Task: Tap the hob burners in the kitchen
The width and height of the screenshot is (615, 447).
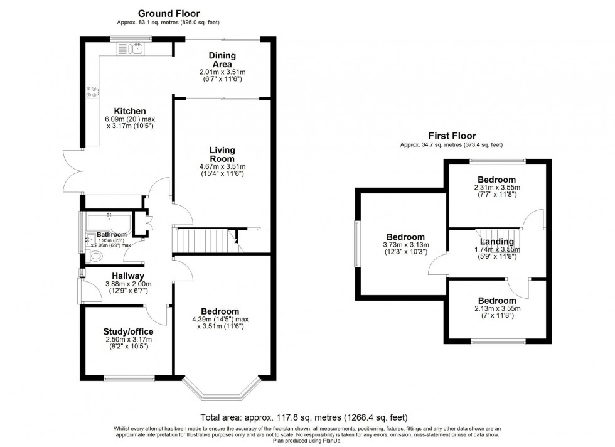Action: [92, 92]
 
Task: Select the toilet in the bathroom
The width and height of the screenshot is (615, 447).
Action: [94, 257]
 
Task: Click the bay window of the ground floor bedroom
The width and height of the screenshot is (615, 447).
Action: [222, 389]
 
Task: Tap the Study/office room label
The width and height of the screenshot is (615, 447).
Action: [128, 332]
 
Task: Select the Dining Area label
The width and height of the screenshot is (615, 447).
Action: [222, 60]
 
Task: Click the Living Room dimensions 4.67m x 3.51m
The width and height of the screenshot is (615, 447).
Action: [222, 166]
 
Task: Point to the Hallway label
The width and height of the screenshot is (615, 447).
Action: [128, 276]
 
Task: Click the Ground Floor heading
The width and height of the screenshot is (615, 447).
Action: [169, 14]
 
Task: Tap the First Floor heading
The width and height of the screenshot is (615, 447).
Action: [452, 136]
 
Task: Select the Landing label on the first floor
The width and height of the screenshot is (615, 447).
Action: [497, 241]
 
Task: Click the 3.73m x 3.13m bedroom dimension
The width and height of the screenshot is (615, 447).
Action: [406, 245]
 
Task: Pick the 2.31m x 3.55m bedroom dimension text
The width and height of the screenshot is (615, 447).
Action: [497, 188]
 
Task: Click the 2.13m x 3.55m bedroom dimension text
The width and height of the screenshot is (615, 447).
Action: [497, 308]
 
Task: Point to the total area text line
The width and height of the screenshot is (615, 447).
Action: [304, 417]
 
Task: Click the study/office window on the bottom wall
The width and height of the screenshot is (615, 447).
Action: [129, 379]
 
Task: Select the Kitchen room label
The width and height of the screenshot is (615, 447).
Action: [130, 111]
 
